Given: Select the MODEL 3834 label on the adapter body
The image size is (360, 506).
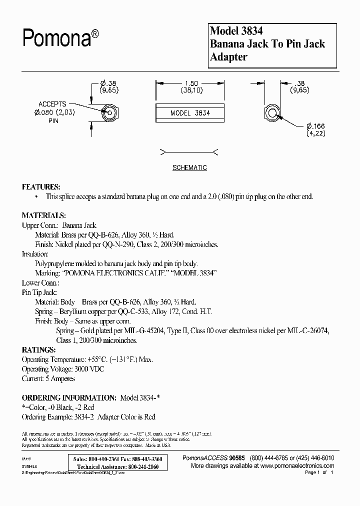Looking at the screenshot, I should pyautogui.click(x=190, y=113).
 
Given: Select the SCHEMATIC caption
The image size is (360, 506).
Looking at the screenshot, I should pyautogui.click(x=189, y=168).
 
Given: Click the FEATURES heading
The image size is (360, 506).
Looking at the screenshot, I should pyautogui.click(x=41, y=186).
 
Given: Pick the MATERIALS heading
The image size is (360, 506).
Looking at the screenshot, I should pyautogui.click(x=44, y=215).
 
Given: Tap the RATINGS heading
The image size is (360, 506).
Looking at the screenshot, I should pyautogui.click(x=38, y=349).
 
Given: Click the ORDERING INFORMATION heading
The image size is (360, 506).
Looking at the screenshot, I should pyautogui.click(x=69, y=397).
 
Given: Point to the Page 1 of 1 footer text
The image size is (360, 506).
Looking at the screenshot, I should pyautogui.click(x=318, y=472).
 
